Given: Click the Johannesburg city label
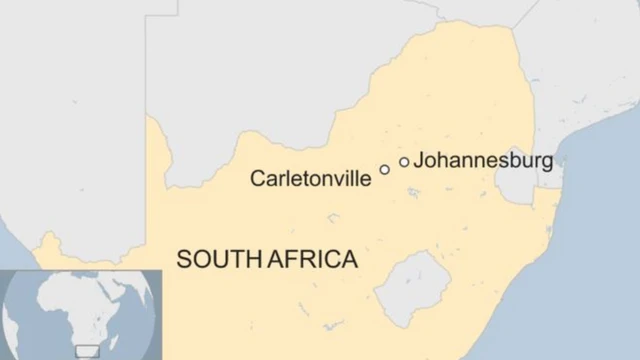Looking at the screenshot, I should coord(483,160).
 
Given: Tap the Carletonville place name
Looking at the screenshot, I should coord(310,179).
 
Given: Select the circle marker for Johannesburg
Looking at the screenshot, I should coord(404,162).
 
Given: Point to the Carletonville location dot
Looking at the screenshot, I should coord(384,170).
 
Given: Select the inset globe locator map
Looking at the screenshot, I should coord(80,313).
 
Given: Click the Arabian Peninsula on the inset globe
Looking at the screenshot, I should coord(124,290).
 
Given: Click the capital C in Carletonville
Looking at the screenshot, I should coord(257,179).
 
